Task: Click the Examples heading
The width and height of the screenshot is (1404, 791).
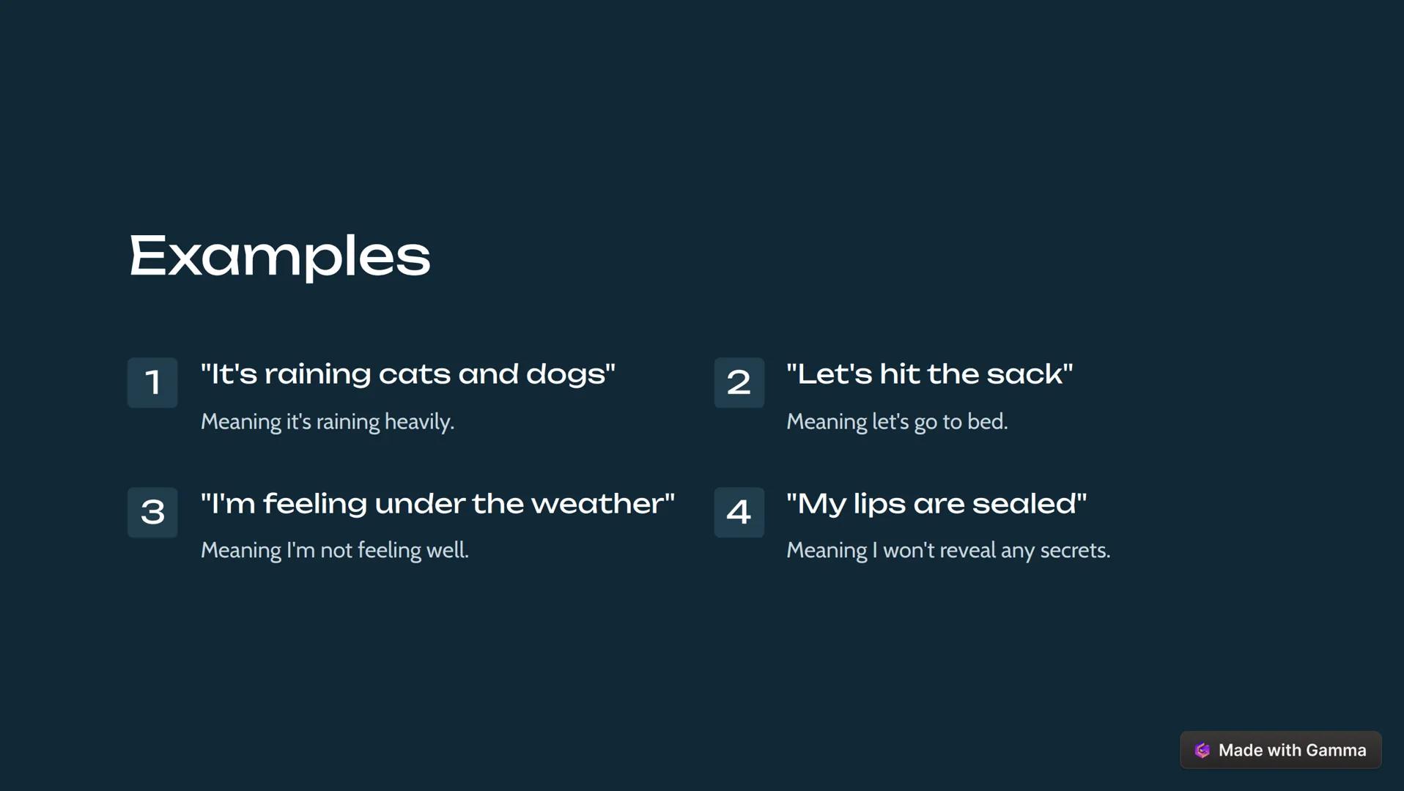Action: pyautogui.click(x=279, y=256)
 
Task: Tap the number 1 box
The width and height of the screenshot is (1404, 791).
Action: pyautogui.click(x=152, y=382)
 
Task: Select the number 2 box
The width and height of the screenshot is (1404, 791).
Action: pyautogui.click(x=739, y=382)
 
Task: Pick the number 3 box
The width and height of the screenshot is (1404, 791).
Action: pyautogui.click(x=152, y=512)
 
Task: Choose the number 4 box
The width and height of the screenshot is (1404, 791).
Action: pyautogui.click(x=739, y=512)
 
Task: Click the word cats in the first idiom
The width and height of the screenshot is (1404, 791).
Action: pyautogui.click(x=414, y=374)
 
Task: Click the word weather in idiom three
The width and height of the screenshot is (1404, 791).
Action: pyautogui.click(x=597, y=504)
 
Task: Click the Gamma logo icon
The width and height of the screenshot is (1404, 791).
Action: pyautogui.click(x=1202, y=750)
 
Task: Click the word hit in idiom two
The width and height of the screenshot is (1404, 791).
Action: pyautogui.click(x=899, y=374)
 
